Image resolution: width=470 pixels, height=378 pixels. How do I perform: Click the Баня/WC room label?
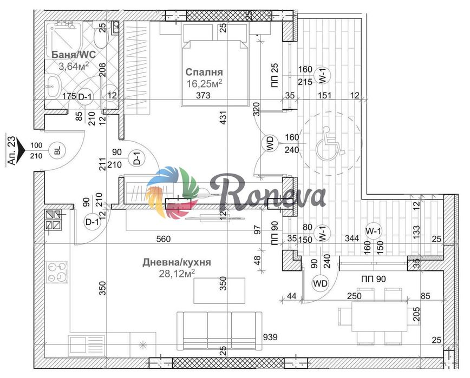pyautogui.click(x=74, y=55)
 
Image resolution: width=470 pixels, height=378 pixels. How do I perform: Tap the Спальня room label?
pyautogui.click(x=204, y=72)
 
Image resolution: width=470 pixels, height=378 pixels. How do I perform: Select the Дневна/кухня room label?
pyautogui.click(x=177, y=262)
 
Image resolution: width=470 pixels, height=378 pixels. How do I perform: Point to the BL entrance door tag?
pyautogui.click(x=57, y=150)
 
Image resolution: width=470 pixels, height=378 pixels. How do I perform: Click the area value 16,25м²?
pyautogui.click(x=204, y=83)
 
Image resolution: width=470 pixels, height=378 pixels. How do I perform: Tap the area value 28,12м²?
pyautogui.click(x=177, y=273)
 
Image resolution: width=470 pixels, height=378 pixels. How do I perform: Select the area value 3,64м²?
pyautogui.click(x=74, y=66)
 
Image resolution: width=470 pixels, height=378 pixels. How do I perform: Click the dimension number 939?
pyautogui.click(x=270, y=337)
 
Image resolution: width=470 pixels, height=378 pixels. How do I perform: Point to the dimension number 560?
pyautogui.click(x=164, y=239)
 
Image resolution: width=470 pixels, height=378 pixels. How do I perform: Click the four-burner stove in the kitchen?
pyautogui.click(x=57, y=273)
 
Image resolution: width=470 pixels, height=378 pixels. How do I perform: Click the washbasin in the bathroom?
pyautogui.click(x=54, y=86)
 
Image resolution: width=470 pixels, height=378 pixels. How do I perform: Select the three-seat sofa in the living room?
pyautogui.click(x=219, y=331)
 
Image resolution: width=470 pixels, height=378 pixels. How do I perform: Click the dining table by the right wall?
pyautogui.click(x=380, y=316)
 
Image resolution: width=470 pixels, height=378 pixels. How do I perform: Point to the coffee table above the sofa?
pyautogui.click(x=219, y=290)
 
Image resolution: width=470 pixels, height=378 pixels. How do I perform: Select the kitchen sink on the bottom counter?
pyautogui.click(x=87, y=346)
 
